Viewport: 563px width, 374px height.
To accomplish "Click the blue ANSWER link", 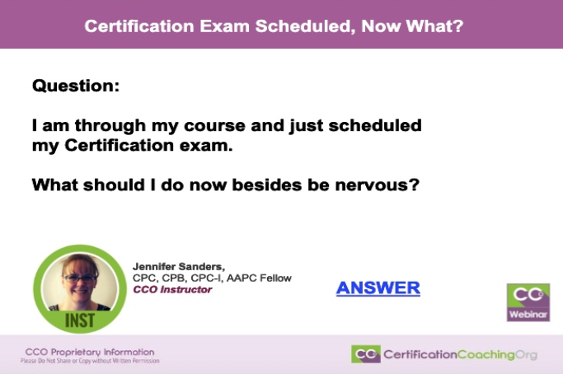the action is click(x=378, y=288).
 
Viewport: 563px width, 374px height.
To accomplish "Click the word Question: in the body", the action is click(x=76, y=86).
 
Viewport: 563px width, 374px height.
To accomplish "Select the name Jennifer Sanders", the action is click(x=178, y=267).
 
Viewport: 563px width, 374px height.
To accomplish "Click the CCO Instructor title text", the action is click(x=172, y=289).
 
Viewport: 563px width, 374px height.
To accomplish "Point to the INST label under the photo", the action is click(x=80, y=320).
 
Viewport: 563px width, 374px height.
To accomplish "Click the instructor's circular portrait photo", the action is click(x=80, y=283).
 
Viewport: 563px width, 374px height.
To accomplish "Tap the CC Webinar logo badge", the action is click(x=528, y=302).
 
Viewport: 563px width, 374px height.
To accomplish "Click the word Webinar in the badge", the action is click(x=528, y=315).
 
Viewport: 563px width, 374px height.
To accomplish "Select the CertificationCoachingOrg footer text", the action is click(x=460, y=354).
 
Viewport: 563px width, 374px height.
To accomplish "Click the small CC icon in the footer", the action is click(x=365, y=354).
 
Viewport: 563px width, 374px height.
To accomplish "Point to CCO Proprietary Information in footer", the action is click(x=90, y=352).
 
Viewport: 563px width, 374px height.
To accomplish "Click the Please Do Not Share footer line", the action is click(x=90, y=361).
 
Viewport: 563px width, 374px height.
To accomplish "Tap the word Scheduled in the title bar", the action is click(x=305, y=26).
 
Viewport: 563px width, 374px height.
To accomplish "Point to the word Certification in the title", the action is click(x=139, y=26).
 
